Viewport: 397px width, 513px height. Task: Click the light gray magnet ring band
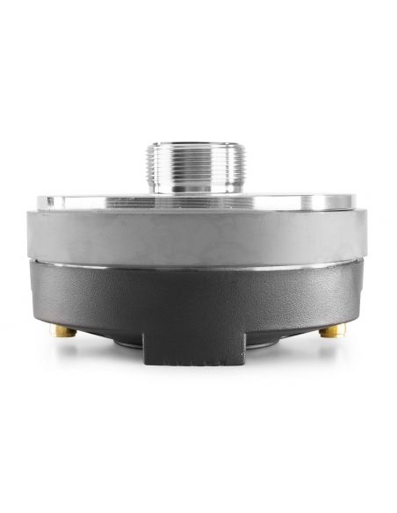(198, 236)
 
